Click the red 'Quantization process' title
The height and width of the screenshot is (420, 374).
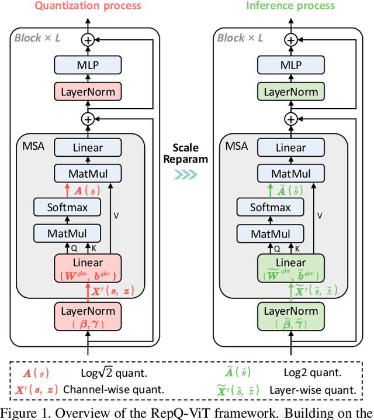click(88, 6)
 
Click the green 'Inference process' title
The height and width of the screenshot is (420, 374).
click(290, 6)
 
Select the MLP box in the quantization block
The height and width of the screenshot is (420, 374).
click(88, 66)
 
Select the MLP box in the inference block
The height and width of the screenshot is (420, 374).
click(290, 66)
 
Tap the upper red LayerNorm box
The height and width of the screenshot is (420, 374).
click(88, 92)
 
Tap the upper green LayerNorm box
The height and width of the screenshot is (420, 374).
click(290, 92)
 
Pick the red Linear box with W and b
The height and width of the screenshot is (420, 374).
click(88, 267)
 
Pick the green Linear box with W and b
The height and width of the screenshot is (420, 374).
click(290, 267)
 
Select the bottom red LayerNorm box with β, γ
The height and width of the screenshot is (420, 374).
click(88, 316)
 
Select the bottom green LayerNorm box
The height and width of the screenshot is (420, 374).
click(290, 316)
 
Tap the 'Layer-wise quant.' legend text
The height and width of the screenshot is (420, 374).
click(313, 389)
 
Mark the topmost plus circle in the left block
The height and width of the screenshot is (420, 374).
click(88, 40)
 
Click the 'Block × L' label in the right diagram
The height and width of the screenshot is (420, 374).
click(240, 37)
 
